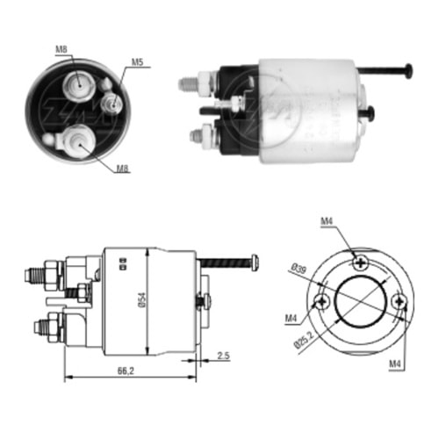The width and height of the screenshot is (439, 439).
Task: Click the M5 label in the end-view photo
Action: click(x=138, y=62)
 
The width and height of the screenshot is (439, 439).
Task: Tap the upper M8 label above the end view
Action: click(x=62, y=49)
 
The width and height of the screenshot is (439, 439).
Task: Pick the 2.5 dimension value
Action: click(x=226, y=356)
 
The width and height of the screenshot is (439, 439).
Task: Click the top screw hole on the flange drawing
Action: click(x=359, y=261)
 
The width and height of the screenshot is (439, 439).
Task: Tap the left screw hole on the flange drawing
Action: click(x=323, y=300)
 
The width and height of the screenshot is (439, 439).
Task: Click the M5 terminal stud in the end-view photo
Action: click(x=112, y=104)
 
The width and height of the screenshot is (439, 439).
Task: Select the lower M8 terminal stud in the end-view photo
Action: click(x=76, y=140)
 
